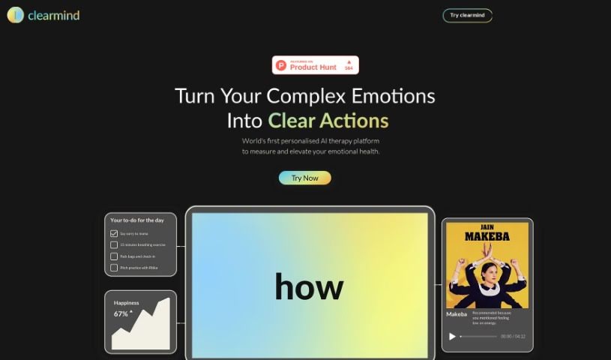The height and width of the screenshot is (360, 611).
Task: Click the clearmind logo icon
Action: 15,15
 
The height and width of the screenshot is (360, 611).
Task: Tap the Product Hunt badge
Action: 315,65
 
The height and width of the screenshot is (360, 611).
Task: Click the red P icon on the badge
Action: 281,65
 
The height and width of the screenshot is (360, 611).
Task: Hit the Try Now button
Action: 304,178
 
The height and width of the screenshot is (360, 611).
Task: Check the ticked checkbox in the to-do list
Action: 114,234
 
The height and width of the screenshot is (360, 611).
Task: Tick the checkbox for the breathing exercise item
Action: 114,245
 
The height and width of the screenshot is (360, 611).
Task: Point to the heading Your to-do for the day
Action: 137,220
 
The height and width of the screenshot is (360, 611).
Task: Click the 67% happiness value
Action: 121,313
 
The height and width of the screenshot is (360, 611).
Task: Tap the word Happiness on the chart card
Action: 126,303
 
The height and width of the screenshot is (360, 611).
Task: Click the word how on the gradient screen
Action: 309,286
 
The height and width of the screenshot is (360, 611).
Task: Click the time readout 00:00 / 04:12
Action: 513,336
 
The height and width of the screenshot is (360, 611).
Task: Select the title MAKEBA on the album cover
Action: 487,237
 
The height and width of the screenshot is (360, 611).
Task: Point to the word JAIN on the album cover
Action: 487,226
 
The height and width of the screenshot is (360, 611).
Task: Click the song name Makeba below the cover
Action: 457,313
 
